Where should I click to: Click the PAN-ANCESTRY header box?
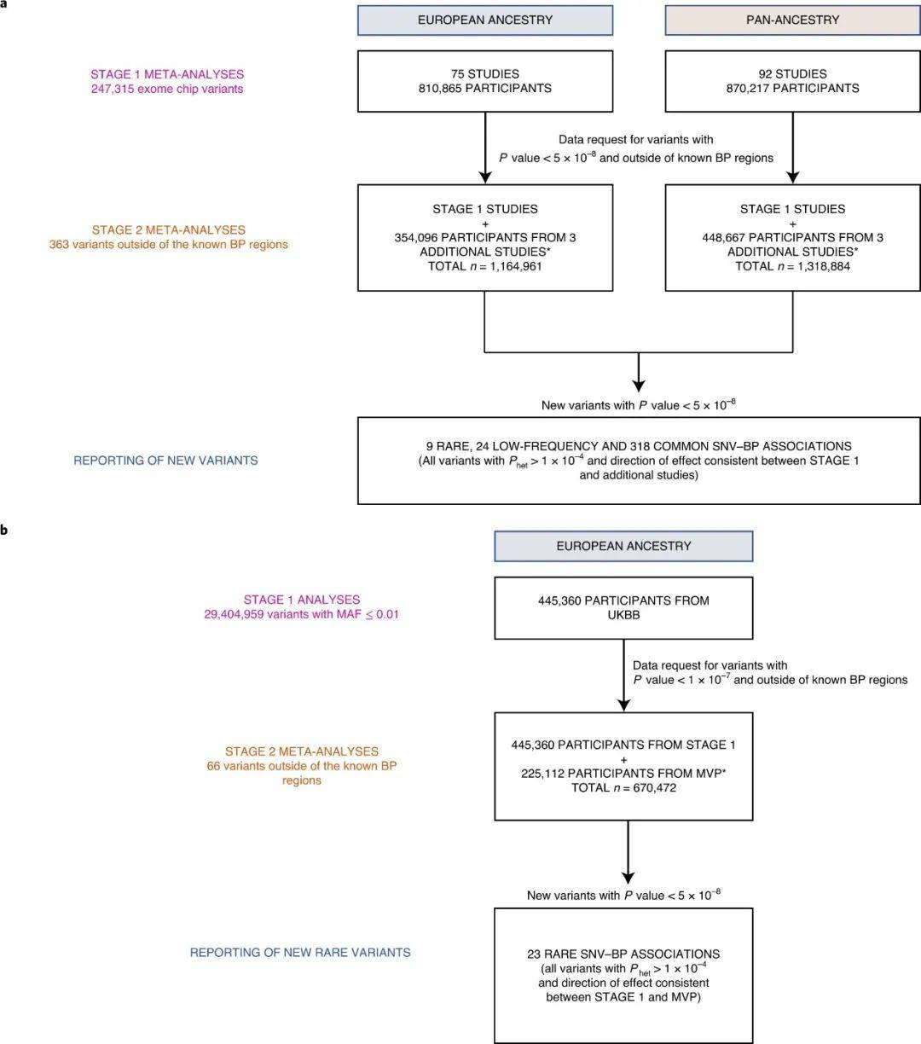pos(792,20)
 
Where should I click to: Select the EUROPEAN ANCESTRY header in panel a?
pos(485,20)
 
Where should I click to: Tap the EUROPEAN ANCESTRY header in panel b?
pos(623,546)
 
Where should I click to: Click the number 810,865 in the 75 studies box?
pos(440,88)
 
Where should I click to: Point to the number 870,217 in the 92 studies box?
pos(748,88)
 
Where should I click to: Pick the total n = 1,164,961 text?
pos(485,266)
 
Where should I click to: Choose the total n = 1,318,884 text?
pos(793,266)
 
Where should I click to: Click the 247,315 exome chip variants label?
pos(167,89)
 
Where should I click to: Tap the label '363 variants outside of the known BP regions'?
pos(169,244)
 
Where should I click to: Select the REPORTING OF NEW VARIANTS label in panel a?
pos(165,461)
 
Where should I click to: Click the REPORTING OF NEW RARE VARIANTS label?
pos(300,952)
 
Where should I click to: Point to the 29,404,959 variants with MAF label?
pos(302,614)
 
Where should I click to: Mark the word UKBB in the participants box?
pos(623,615)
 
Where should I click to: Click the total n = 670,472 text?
pos(623,788)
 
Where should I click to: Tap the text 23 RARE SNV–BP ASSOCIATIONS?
pos(623,954)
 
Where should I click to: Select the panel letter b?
pos(4,530)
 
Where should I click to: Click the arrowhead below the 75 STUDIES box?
pos(485,177)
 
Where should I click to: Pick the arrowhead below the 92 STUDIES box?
pos(793,177)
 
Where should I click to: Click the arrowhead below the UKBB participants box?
pos(623,705)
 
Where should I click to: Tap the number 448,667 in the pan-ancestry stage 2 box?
pos(724,238)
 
